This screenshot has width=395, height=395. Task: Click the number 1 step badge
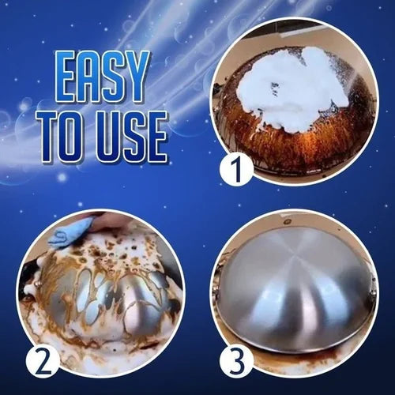pyautogui.click(x=236, y=169)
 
